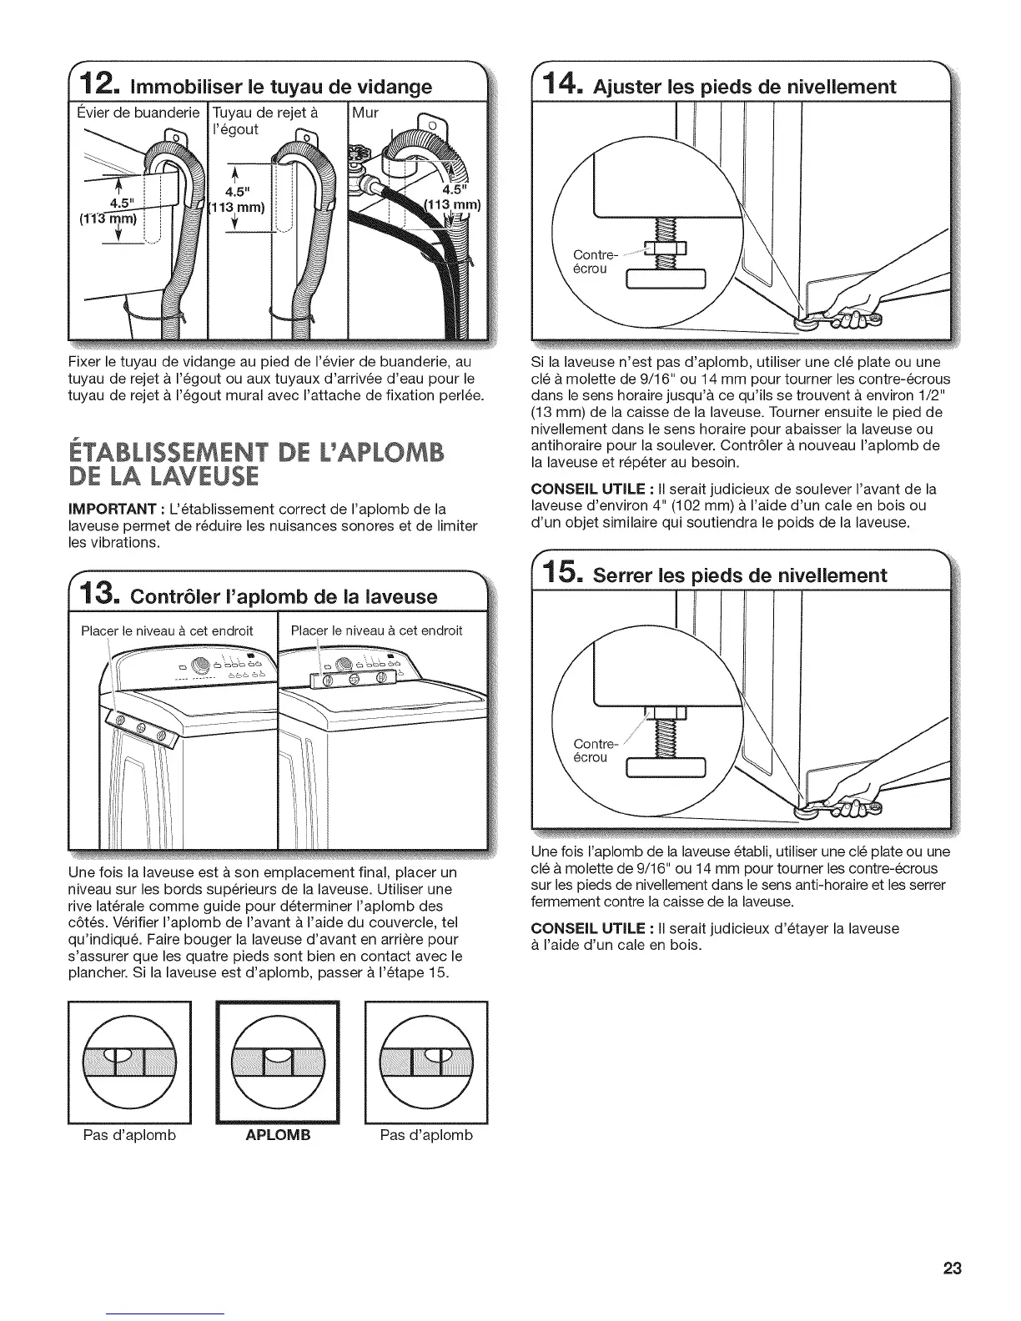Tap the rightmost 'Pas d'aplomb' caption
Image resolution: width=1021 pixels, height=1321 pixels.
coord(425,1135)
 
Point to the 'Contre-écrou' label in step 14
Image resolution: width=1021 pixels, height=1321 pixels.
coord(593,262)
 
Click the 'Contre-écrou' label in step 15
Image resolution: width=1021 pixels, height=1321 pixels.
coord(593,750)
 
